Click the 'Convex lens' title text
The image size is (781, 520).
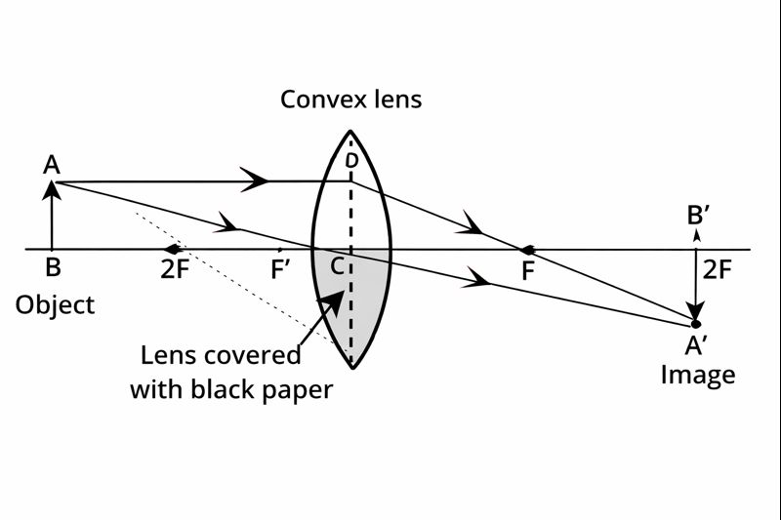click(350, 99)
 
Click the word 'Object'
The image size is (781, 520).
click(55, 304)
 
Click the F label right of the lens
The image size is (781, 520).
click(528, 271)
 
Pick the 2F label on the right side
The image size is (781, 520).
click(718, 269)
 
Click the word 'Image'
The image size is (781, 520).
click(697, 374)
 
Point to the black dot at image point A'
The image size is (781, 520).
click(696, 323)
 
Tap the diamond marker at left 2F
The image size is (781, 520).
click(174, 250)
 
